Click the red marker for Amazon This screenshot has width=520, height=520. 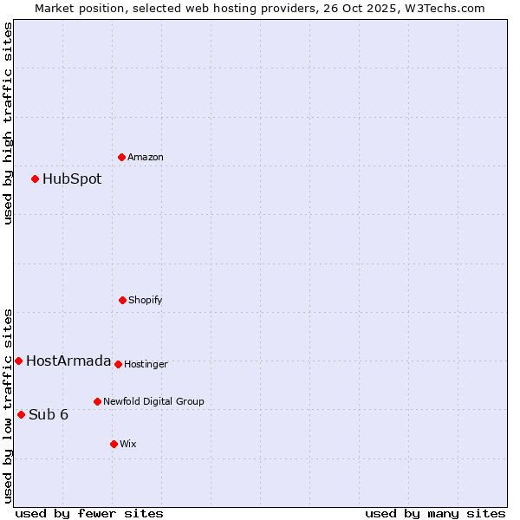122,157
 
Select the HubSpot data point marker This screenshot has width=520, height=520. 36,179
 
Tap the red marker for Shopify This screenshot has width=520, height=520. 123,300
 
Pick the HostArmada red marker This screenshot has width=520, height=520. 19,361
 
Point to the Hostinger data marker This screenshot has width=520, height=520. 119,364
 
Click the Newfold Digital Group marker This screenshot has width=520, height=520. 98,401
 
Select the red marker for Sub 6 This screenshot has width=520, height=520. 22,414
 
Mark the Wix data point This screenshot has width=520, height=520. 114,444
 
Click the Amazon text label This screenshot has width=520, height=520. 146,158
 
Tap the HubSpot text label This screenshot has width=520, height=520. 72,179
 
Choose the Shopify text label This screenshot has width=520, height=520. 146,301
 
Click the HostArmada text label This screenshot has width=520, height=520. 68,361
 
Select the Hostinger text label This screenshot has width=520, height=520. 146,365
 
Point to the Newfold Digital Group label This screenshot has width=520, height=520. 153,402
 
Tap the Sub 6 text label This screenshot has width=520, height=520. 49,415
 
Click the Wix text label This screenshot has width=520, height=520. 128,445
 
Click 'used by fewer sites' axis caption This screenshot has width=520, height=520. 89,513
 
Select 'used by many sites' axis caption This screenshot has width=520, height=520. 435,513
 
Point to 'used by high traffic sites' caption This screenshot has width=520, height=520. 8,123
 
